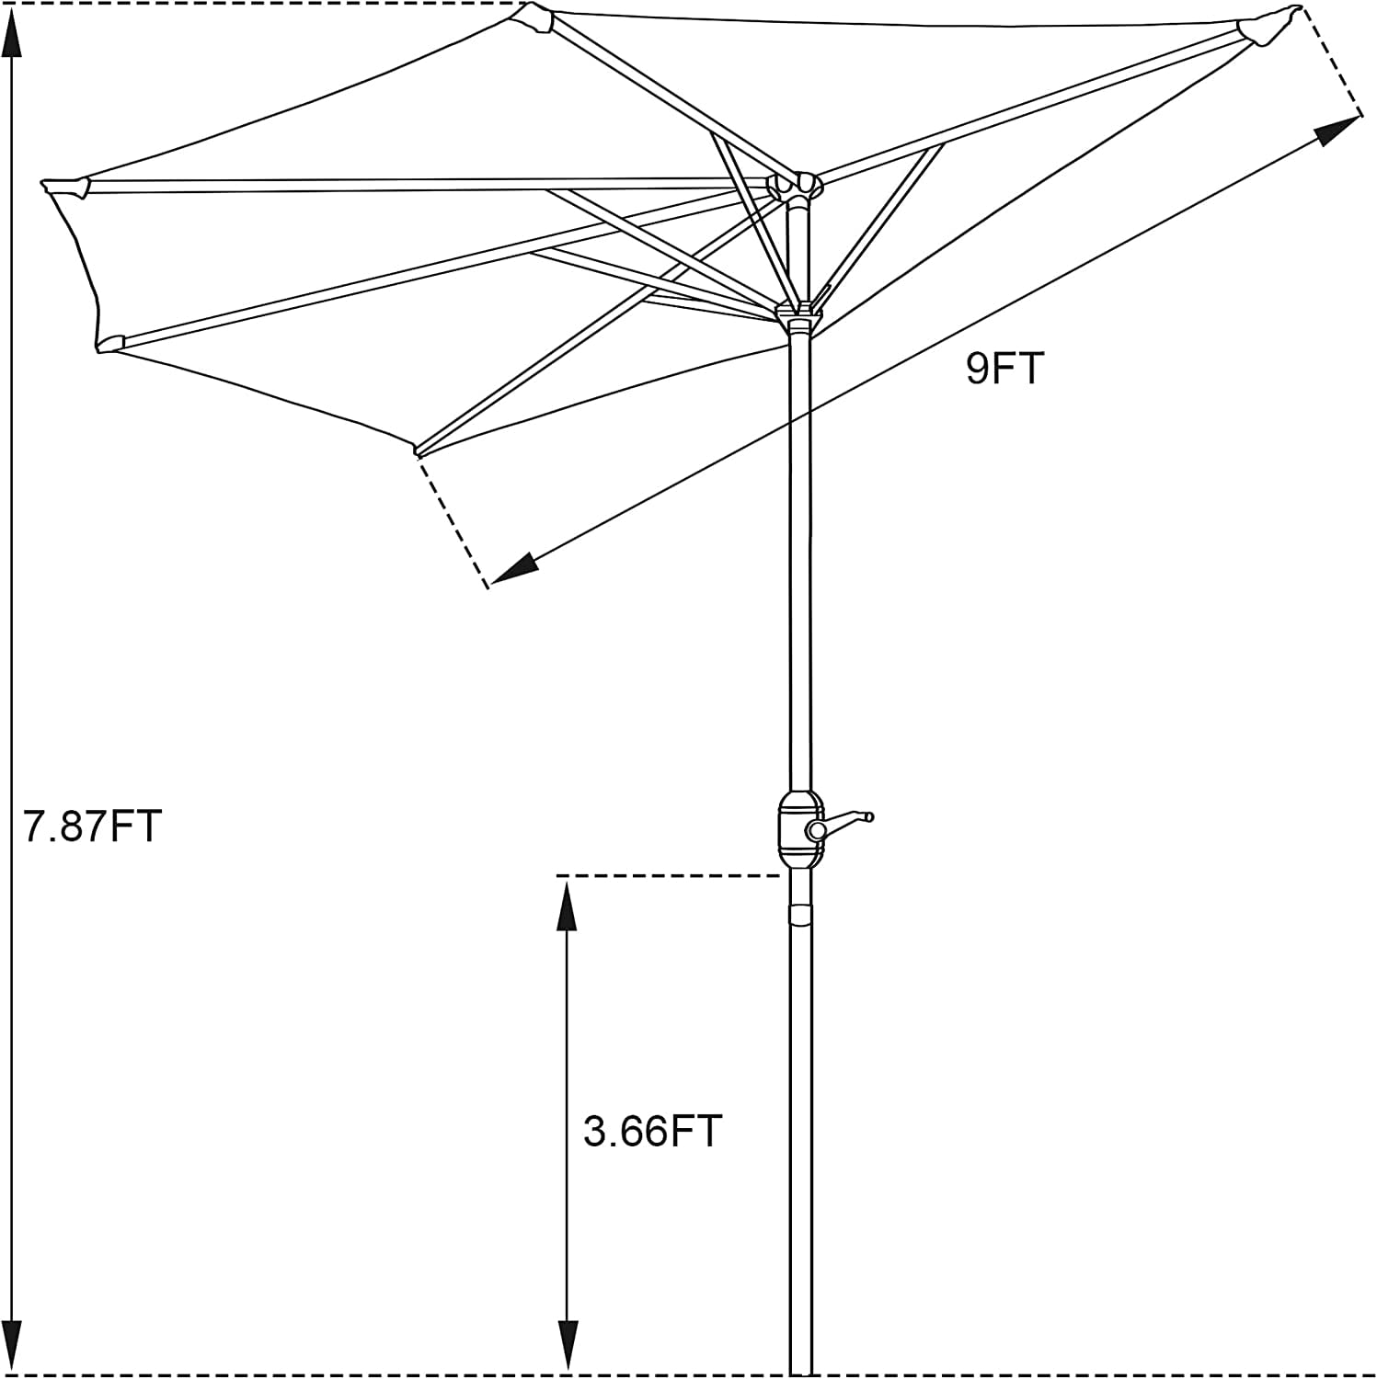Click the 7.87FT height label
tap(92, 826)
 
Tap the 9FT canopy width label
tap(1004, 369)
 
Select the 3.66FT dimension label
tap(652, 1131)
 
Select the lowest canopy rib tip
tap(419, 450)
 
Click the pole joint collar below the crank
tap(800, 916)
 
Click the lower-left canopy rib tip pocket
tap(110, 343)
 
